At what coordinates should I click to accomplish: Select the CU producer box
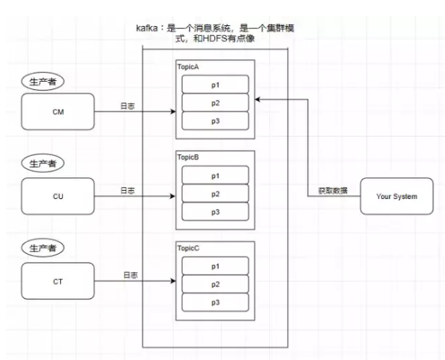56,197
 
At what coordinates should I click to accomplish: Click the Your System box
397,197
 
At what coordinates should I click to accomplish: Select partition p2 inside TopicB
215,194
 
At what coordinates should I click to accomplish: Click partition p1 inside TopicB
215,176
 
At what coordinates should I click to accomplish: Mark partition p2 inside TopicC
215,284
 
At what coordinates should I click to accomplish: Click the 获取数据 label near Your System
331,191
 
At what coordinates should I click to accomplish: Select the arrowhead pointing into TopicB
173,197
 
